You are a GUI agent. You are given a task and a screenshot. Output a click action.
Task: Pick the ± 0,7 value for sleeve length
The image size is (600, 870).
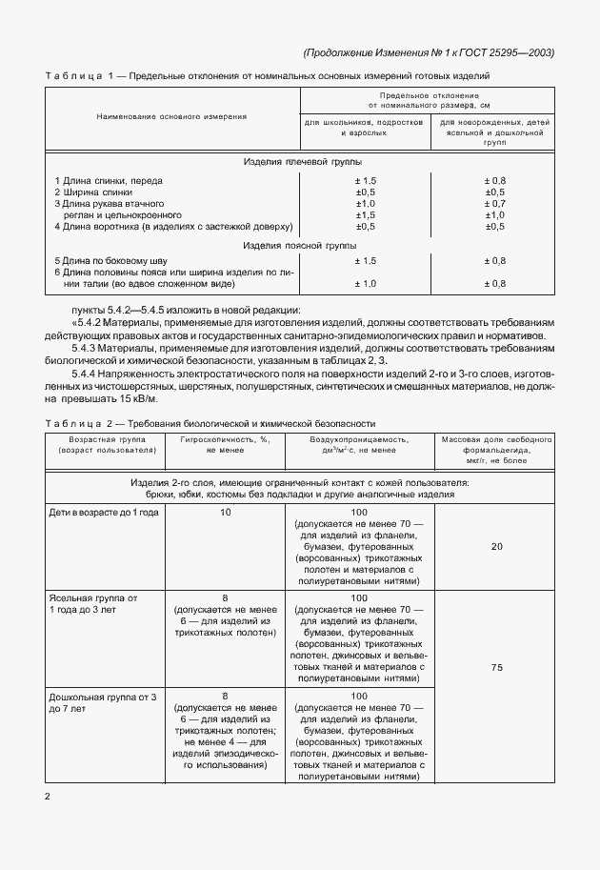point(494,203)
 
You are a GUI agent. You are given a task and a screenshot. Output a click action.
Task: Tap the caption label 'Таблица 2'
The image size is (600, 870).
point(79,423)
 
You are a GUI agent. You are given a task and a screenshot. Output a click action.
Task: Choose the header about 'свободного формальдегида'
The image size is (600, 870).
point(494,445)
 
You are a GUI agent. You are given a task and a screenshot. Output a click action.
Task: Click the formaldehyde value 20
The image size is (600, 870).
point(495,546)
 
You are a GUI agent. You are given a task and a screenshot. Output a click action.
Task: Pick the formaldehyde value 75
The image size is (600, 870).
point(495,667)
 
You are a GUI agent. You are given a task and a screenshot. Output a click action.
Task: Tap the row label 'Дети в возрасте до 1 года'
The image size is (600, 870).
point(104,512)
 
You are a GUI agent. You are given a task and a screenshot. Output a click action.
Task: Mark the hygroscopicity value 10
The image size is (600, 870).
point(225,512)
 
